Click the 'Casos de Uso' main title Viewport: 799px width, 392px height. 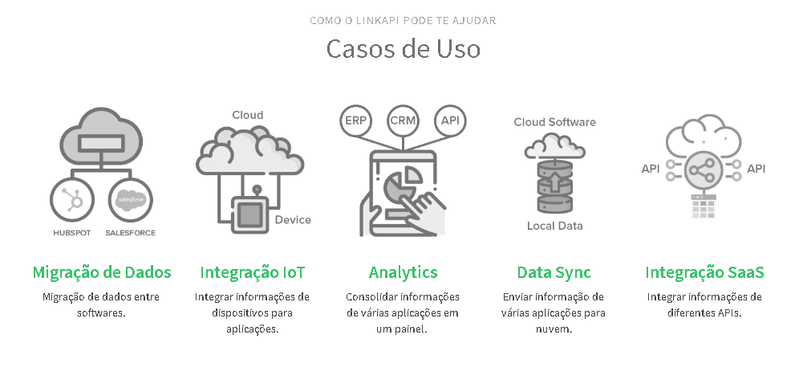tap(403, 48)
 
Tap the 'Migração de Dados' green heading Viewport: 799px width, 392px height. tap(102, 272)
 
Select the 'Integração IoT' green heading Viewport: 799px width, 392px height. tap(252, 272)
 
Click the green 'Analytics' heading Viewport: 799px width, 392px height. tap(403, 272)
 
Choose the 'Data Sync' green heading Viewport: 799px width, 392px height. tap(554, 272)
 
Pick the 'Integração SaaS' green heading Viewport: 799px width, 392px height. tap(704, 272)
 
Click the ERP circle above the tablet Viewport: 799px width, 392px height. tap(356, 120)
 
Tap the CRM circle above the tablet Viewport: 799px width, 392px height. tap(403, 120)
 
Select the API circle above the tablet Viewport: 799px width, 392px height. tap(449, 120)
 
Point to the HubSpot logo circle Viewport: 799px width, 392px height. tap(72, 201)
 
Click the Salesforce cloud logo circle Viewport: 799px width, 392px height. tap(130, 201)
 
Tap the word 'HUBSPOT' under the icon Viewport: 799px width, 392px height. tap(72, 233)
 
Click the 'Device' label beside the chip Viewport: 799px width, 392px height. tap(292, 220)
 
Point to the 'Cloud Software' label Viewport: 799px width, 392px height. tap(554, 122)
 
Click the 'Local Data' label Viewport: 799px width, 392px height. tap(554, 226)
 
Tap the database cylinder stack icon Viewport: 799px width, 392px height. tap(554, 185)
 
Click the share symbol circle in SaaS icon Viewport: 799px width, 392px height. tap(704, 170)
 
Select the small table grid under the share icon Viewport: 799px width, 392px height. tap(704, 207)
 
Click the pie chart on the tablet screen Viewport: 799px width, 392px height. tap(401, 183)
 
